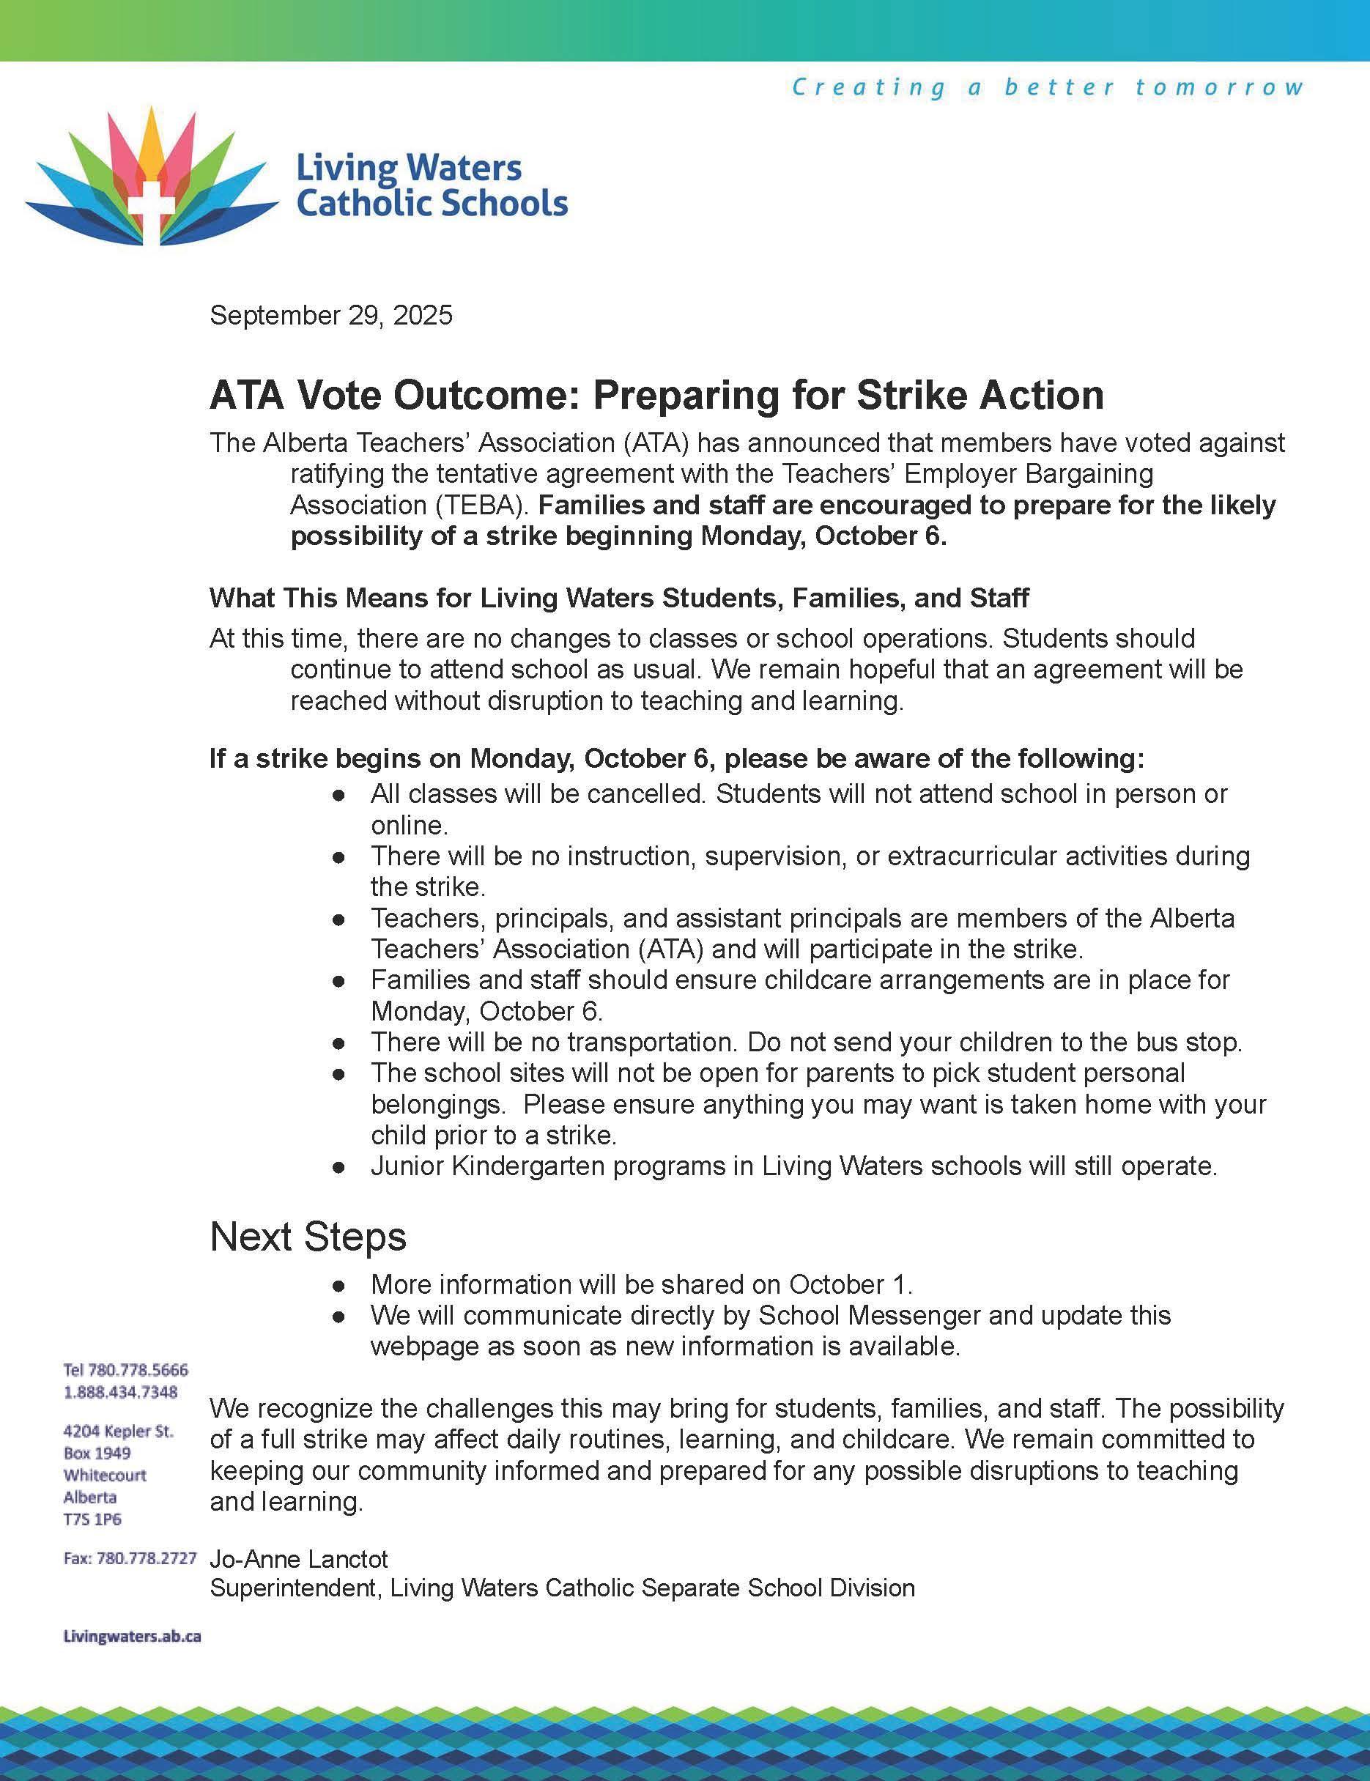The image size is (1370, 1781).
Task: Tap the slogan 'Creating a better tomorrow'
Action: point(1047,87)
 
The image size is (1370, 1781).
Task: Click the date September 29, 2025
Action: point(330,316)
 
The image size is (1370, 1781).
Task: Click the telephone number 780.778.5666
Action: point(138,1369)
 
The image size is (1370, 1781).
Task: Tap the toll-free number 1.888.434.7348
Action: point(121,1391)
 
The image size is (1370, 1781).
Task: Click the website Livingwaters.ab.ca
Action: point(132,1636)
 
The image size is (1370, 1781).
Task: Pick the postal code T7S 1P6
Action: point(92,1519)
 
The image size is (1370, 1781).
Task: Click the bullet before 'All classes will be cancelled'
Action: point(339,795)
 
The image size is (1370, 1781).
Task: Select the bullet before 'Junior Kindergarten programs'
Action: point(339,1168)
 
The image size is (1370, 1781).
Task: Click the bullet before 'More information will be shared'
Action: point(339,1286)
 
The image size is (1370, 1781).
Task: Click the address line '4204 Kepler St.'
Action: point(118,1431)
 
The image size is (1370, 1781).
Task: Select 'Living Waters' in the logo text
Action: point(409,168)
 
